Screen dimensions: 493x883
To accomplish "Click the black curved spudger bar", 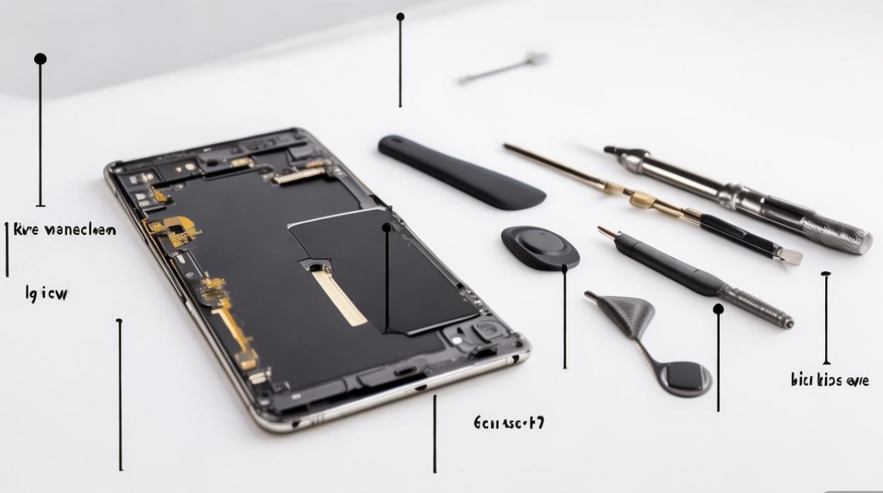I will (460, 172).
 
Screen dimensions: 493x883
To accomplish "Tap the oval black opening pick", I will (540, 247).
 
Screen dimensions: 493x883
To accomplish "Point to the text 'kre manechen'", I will (64, 230).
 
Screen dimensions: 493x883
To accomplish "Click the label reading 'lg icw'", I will (47, 294).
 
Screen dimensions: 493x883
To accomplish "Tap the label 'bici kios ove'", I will (830, 380).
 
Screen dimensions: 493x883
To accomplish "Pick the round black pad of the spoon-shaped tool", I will (686, 379).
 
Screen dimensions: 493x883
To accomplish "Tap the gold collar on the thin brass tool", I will (640, 198).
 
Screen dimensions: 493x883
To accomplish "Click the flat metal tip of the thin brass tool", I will (791, 256).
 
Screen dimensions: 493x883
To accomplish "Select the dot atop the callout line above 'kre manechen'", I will (40, 59).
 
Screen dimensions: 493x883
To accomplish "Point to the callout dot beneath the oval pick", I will (564, 268).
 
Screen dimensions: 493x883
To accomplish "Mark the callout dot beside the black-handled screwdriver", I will (718, 308).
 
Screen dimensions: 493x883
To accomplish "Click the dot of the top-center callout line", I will (400, 16).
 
